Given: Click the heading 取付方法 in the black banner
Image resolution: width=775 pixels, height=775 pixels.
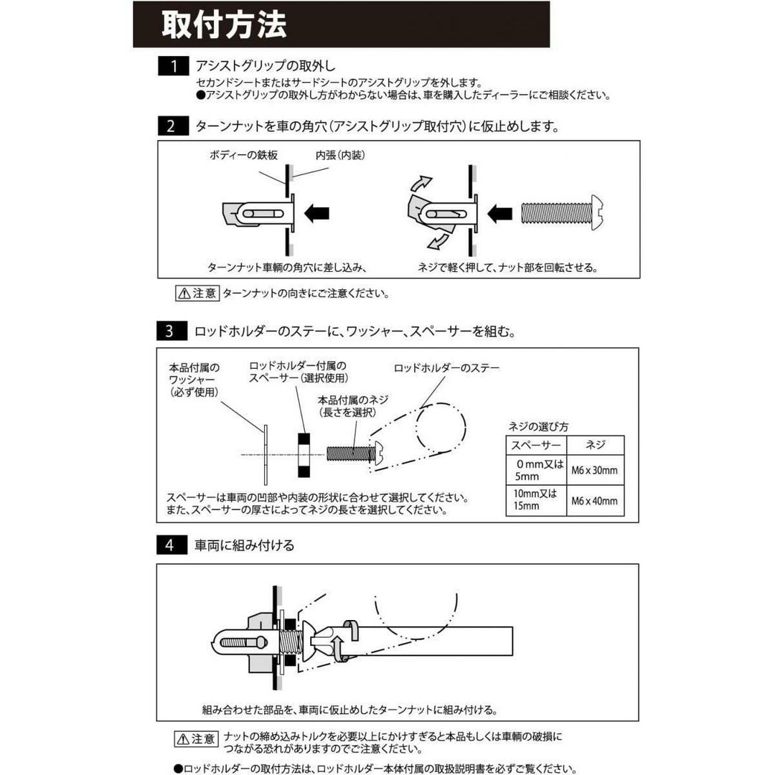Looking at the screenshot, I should click(224, 24).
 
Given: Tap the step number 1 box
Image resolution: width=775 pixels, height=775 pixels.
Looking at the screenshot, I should click(173, 67).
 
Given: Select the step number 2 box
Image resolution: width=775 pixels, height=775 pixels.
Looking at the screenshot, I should click(173, 127).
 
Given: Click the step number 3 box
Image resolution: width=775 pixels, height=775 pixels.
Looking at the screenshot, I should click(172, 332).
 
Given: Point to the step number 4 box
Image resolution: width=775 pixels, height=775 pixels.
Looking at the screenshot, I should click(172, 545).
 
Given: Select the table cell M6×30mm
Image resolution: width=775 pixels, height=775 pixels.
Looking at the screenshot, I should click(594, 471).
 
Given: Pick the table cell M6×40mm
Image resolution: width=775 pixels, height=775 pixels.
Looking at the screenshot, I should click(594, 501).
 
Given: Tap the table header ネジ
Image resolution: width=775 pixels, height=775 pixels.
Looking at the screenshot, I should click(595, 445).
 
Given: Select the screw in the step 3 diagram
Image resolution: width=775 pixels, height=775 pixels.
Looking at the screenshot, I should click(352, 454).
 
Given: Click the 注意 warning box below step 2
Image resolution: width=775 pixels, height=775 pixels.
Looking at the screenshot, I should click(196, 293).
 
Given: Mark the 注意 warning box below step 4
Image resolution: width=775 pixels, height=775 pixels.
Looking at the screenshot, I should click(196, 738).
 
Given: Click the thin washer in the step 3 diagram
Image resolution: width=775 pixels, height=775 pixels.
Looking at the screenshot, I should click(265, 454).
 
